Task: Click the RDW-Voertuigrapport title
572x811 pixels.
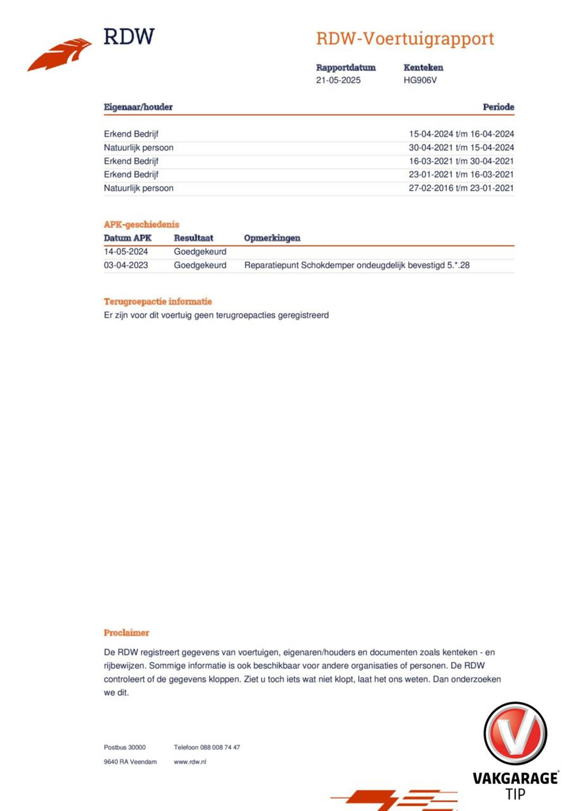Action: point(405,39)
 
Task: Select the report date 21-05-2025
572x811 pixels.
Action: point(338,80)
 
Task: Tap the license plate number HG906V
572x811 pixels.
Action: point(420,80)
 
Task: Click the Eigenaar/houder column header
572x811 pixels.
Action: point(138,107)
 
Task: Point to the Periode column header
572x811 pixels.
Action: point(498,107)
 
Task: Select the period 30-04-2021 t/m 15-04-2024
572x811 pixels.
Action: point(461,148)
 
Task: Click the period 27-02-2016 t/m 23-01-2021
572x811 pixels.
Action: point(461,188)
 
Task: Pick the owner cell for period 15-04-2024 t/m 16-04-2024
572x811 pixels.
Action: point(131,134)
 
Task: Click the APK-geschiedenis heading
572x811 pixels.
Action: point(142,225)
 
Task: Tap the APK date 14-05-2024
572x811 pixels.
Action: point(126,252)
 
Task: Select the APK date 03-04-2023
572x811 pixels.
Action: point(126,265)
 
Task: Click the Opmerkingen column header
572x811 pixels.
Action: point(272,238)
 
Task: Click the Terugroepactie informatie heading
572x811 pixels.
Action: point(158,302)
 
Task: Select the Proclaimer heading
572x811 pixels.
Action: point(126,633)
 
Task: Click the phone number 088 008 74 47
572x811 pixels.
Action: point(220,747)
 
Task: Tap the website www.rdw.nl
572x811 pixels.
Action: point(190,762)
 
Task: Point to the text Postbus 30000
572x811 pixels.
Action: point(125,747)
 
